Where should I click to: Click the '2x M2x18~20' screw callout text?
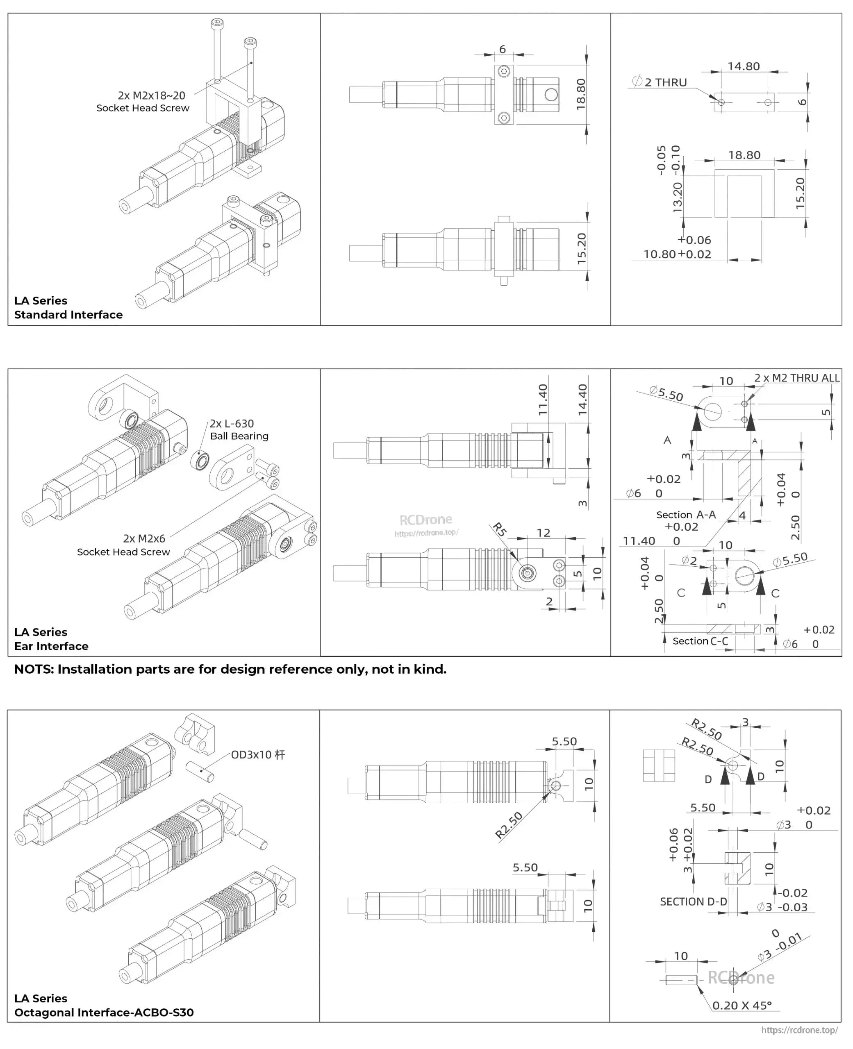coord(151,95)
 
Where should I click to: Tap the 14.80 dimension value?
coord(744,66)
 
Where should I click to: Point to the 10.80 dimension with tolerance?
coord(660,254)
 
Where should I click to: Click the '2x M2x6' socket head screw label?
coord(144,538)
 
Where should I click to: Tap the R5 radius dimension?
coord(499,529)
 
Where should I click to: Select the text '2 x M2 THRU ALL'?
coord(796,378)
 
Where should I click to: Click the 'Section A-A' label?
coord(686,515)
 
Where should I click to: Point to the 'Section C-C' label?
coord(700,641)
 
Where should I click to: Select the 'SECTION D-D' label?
coord(693,901)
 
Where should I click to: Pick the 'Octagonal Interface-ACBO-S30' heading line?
coord(104,1012)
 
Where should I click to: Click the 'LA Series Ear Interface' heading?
coord(51,639)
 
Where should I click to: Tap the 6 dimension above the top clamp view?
coord(502,49)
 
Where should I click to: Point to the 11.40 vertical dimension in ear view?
coord(542,400)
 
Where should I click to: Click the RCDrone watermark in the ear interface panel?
coord(425,520)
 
